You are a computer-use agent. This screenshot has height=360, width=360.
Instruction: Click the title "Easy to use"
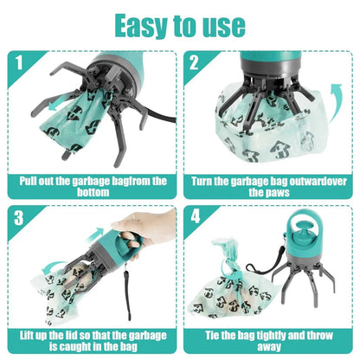tap(179, 25)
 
